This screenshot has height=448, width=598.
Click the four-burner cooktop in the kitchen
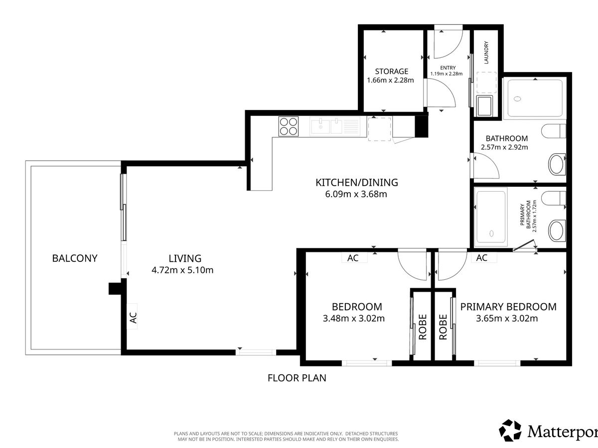point(288,126)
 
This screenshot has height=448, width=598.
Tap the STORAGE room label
point(392,71)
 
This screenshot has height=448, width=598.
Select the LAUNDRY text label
point(486,52)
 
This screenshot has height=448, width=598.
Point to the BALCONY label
point(75,258)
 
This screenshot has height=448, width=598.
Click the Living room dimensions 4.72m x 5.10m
point(182,270)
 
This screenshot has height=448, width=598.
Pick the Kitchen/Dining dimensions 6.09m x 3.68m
point(356,194)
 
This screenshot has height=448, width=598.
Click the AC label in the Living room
point(133,318)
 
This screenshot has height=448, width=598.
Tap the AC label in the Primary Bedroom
point(482,257)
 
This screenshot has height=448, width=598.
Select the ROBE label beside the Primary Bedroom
point(443,327)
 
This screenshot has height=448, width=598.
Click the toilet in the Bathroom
point(554,131)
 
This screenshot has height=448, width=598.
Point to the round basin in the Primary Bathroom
point(556,230)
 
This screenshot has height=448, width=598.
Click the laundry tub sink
point(484,106)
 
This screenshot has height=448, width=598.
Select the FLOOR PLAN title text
point(297,378)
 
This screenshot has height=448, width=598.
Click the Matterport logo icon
point(510,431)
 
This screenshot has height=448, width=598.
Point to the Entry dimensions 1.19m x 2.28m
point(447,74)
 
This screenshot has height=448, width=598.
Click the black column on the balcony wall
point(115,289)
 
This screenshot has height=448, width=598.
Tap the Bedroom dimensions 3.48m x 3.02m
point(354,318)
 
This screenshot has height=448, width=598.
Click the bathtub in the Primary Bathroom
point(491,217)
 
